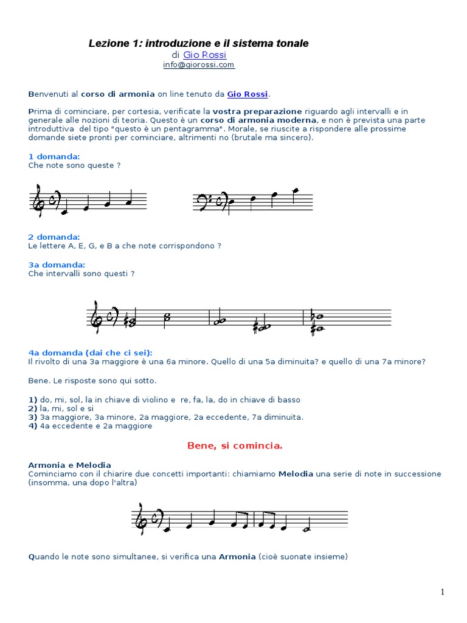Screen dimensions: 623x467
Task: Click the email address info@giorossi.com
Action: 198,64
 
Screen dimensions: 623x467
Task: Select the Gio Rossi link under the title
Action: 200,55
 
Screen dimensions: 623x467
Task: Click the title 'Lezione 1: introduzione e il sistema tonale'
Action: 199,43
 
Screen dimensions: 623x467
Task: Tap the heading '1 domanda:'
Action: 54,156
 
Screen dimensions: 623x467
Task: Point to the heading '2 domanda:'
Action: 54,237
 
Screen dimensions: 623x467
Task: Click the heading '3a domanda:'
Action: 57,265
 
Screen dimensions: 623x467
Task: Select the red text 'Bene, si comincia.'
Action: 235,445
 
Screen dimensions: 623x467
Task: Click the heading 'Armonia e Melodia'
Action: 69,465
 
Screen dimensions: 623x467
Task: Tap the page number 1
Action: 443,592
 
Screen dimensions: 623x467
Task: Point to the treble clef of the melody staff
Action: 140,518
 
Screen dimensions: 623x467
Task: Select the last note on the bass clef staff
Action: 296,192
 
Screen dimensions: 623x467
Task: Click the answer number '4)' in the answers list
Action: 33,426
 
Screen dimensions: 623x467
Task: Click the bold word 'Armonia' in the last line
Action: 237,556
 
